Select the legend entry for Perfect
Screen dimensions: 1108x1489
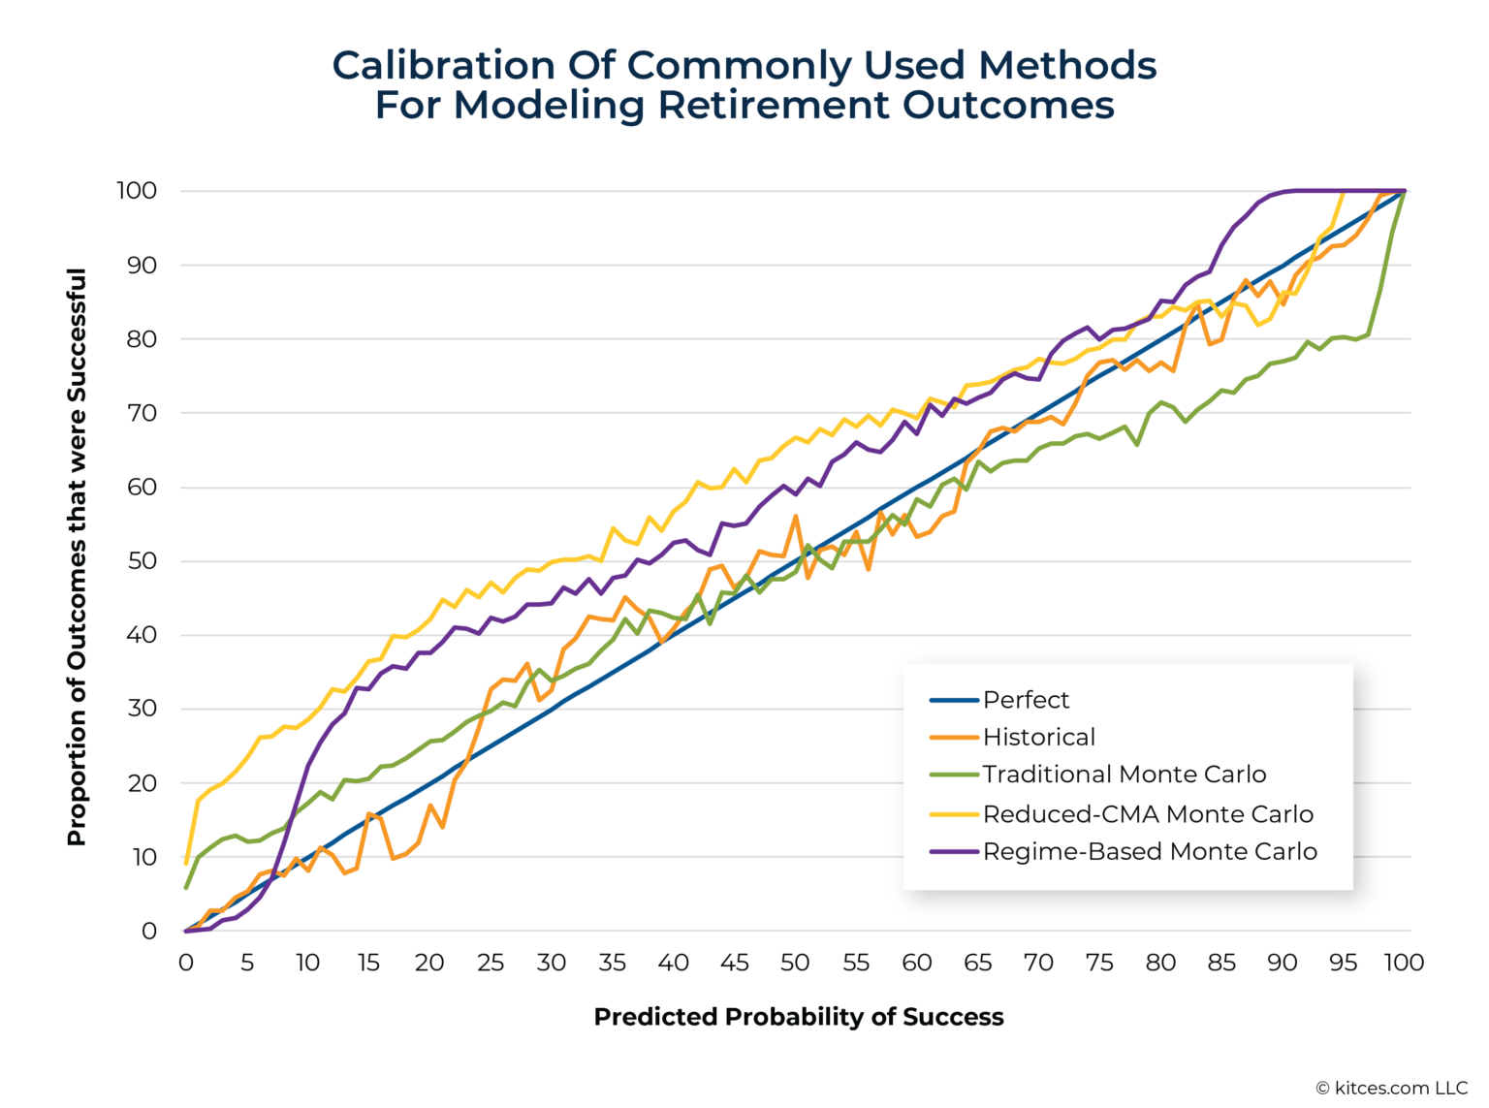(x=1026, y=700)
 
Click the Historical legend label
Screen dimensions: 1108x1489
(x=1038, y=738)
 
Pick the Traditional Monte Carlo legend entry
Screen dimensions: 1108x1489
(x=1124, y=775)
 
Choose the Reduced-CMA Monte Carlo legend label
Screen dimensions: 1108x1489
(x=1148, y=814)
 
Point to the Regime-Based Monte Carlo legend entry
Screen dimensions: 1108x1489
(x=1150, y=852)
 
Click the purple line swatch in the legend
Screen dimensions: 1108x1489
(x=954, y=852)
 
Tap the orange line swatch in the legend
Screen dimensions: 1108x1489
(x=954, y=738)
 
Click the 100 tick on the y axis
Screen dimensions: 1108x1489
(x=137, y=191)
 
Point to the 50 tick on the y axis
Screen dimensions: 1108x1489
(x=143, y=561)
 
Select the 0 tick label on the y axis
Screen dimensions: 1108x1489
(x=149, y=932)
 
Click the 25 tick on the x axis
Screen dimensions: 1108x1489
(x=491, y=963)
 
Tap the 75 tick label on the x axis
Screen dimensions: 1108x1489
(x=1099, y=963)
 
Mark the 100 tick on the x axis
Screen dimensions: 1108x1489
(x=1403, y=963)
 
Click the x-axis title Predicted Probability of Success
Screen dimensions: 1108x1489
(x=798, y=1017)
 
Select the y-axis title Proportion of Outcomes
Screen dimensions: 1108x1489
(x=77, y=557)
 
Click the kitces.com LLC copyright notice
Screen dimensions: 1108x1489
(x=1391, y=1089)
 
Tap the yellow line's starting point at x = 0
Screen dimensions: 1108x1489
(x=186, y=862)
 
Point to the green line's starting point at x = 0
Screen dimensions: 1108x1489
(x=186, y=887)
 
